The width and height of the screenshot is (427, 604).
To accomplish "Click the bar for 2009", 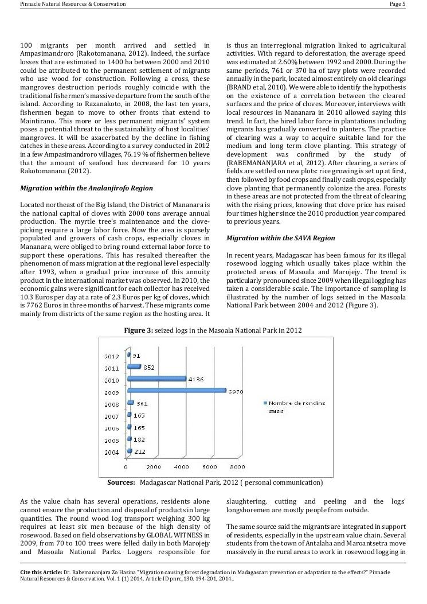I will coord(176,391).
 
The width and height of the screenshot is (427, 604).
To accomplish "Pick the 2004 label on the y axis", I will coord(111,453).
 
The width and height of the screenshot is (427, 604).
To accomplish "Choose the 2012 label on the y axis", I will coord(111,356).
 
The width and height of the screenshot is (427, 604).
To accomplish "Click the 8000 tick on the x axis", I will coord(237,467).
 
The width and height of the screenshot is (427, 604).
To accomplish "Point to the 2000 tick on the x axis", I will coord(154,467).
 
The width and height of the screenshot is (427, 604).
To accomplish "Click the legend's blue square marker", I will coord(264,404).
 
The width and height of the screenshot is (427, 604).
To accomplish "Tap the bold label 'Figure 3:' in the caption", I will coord(139,330).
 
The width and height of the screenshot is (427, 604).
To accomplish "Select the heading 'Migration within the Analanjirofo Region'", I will coord(87,188).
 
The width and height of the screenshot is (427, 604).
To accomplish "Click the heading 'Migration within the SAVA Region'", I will coord(281,238).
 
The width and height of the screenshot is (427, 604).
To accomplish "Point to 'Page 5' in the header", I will coord(397,4).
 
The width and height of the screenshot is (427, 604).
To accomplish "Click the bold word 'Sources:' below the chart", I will coord(121,482).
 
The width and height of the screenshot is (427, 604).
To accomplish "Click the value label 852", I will coord(148,368).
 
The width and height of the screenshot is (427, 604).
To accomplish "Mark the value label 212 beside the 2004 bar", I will coord(140,452).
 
